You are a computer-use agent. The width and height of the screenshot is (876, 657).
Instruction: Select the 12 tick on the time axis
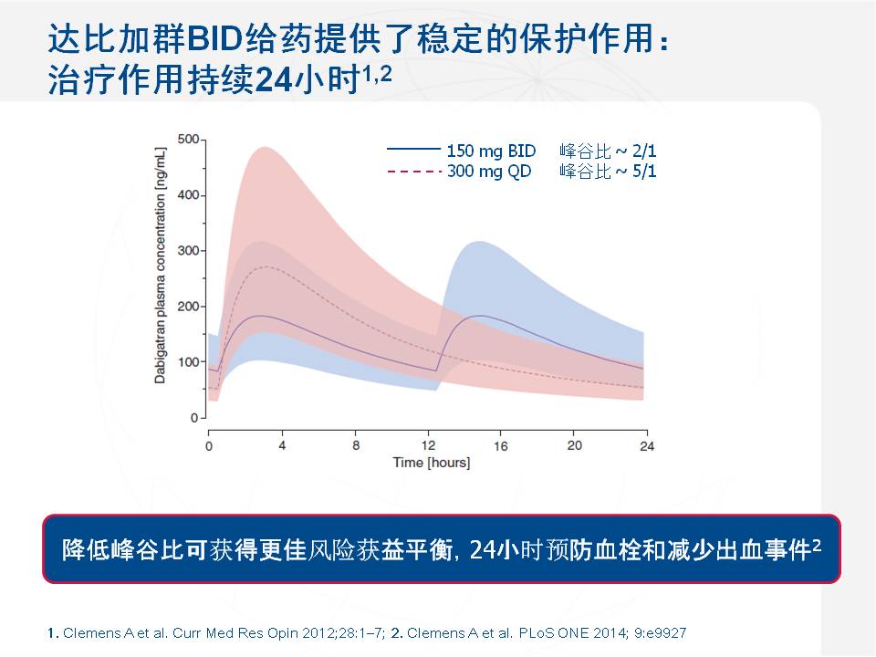tap(428, 445)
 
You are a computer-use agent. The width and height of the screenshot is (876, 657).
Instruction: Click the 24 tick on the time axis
tap(647, 445)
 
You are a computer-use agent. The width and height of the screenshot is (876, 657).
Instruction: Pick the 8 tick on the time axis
tap(355, 445)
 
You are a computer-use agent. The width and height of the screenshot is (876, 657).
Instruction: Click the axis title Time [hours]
tap(431, 463)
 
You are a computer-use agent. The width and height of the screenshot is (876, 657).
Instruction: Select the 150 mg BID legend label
tap(491, 151)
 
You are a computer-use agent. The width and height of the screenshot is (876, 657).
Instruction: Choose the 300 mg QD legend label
tap(489, 171)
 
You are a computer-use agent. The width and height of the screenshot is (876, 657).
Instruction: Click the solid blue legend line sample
tap(414, 151)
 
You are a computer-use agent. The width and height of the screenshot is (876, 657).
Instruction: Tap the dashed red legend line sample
tap(414, 171)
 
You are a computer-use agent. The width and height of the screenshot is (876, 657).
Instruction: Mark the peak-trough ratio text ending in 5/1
tap(608, 171)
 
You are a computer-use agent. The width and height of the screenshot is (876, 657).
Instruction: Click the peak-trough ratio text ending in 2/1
tap(608, 151)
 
